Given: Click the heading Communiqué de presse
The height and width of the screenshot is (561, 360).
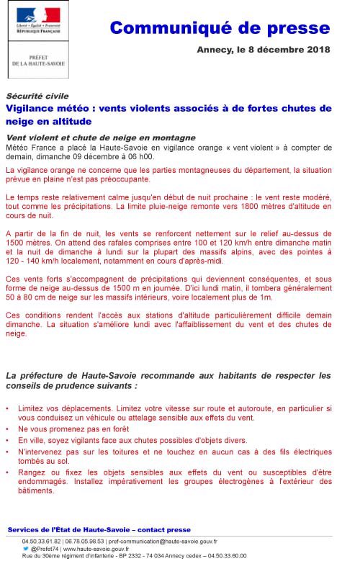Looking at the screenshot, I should tap(220, 28).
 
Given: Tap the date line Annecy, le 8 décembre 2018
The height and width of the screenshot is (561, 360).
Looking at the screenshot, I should tap(264, 50).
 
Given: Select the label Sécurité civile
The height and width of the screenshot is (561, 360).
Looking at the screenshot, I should tap(37, 96).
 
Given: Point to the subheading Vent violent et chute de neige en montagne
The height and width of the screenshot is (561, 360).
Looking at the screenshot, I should tap(100, 138).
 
